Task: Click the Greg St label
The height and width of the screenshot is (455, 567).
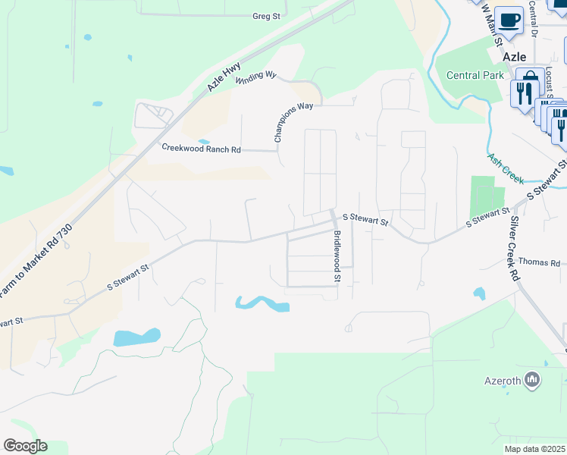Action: point(267,15)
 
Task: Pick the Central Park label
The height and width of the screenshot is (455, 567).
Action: point(475,75)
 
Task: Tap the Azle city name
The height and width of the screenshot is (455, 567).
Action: point(515,56)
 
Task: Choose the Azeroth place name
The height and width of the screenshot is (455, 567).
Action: point(503,379)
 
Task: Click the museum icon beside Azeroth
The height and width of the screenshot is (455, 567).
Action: point(532,378)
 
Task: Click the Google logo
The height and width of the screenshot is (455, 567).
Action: point(25,446)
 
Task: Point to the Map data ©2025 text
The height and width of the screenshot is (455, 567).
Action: point(535,449)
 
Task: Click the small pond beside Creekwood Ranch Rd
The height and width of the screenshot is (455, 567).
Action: point(204,141)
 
